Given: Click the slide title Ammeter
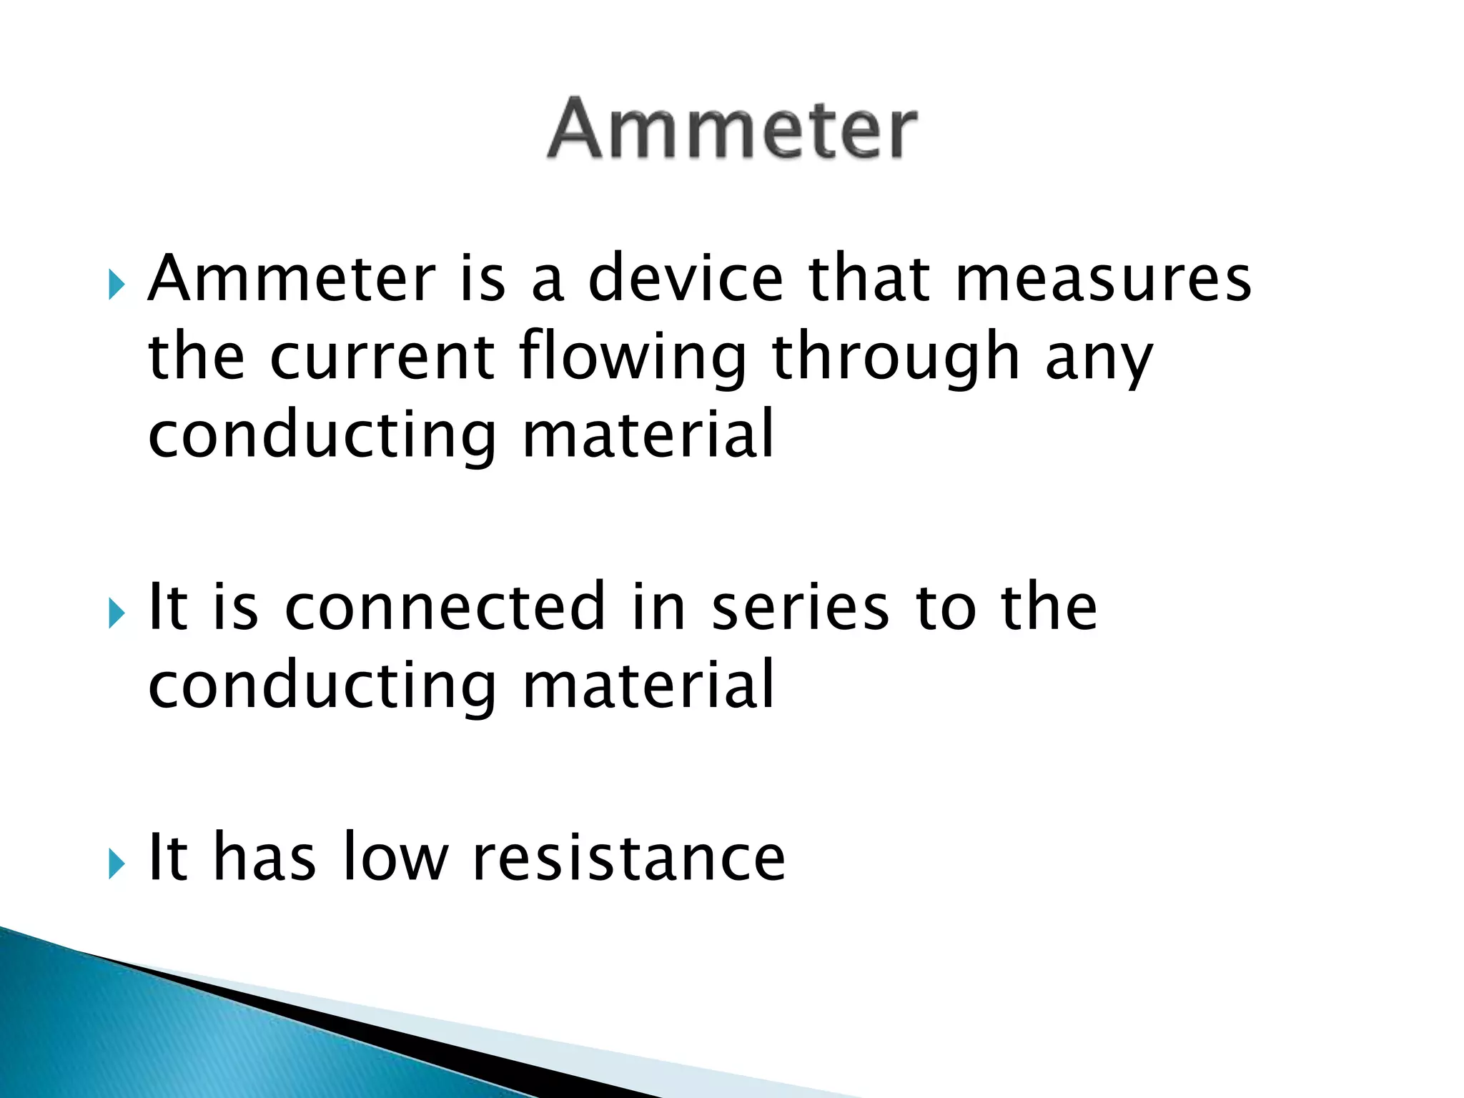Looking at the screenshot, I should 731,129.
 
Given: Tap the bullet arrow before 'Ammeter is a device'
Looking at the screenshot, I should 117,285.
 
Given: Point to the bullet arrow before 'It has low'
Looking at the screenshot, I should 117,864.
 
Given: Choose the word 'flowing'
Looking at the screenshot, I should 633,357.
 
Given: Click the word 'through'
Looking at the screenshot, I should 896,357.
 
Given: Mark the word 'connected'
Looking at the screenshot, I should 445,607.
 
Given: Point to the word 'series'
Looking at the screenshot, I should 801,607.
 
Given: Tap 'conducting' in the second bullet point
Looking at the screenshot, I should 322,686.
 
